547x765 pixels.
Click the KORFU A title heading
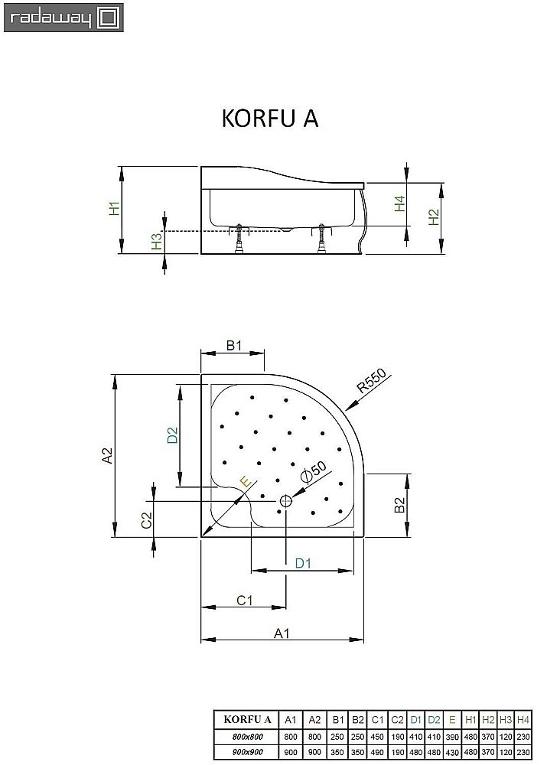coord(269,119)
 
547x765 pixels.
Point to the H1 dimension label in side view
coord(113,209)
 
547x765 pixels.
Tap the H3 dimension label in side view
coord(155,242)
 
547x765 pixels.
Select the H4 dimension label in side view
coord(399,204)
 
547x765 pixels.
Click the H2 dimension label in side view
coord(433,217)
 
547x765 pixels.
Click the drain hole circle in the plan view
coord(285,501)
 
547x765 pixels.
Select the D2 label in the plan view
coord(173,435)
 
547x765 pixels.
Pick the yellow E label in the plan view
coord(244,482)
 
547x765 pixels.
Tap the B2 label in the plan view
coord(399,506)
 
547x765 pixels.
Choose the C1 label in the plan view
coord(243,601)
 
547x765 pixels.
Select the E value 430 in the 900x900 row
coord(451,753)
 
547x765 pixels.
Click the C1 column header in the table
coord(377,719)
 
